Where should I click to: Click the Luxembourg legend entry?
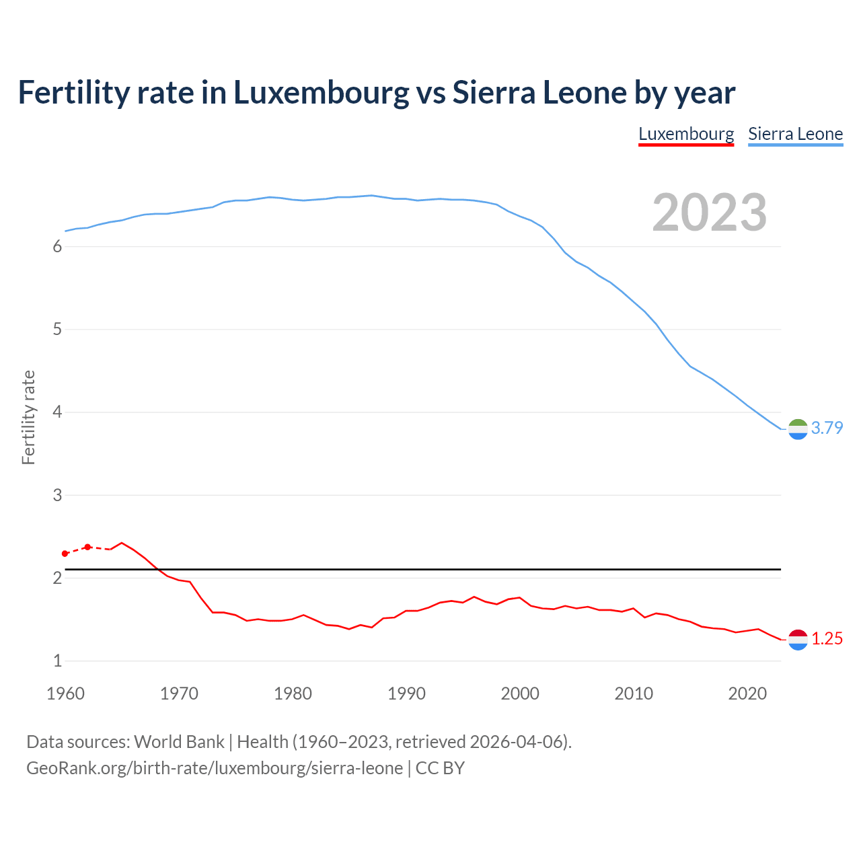coord(686,134)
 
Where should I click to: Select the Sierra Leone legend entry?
coord(795,134)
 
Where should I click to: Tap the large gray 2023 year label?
coord(709,213)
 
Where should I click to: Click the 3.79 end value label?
coord(827,428)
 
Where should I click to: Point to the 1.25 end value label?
coord(827,638)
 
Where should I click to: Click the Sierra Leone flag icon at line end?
coord(798,429)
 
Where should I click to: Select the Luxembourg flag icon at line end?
coord(798,640)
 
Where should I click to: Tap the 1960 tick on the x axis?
coord(65,694)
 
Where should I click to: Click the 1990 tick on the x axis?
coord(406,694)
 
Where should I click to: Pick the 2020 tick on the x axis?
coord(747,694)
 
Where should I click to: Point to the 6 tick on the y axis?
coord(57,247)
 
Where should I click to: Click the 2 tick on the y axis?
coord(57,578)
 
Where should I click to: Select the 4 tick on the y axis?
coord(57,412)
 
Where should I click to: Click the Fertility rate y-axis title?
coord(28,417)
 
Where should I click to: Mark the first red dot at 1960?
coord(65,554)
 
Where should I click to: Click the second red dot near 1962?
coord(87,547)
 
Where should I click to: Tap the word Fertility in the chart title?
coord(73,93)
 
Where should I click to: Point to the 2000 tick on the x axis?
coord(520,694)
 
